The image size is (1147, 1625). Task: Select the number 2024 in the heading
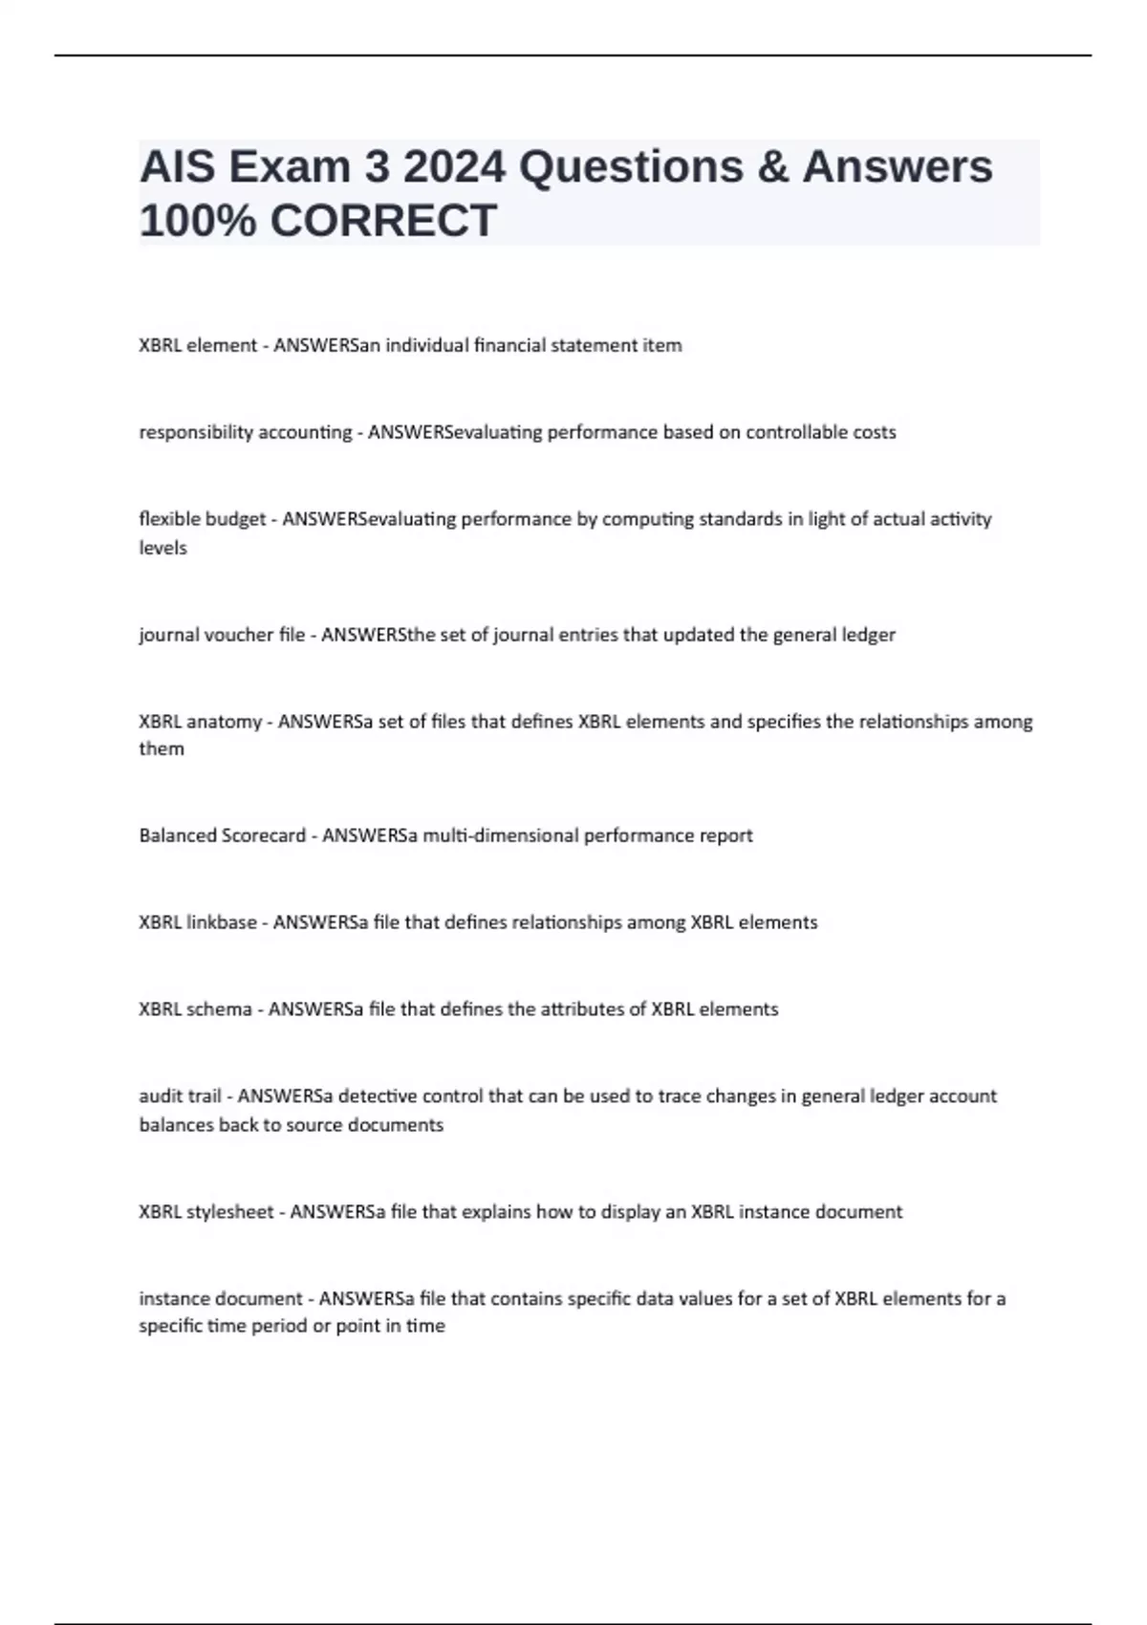453,167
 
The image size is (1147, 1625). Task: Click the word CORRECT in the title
383,221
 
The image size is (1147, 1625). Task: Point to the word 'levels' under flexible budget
162,548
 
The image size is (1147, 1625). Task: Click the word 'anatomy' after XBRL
224,722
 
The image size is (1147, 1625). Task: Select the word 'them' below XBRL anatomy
162,748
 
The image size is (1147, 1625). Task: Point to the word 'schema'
220,1009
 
